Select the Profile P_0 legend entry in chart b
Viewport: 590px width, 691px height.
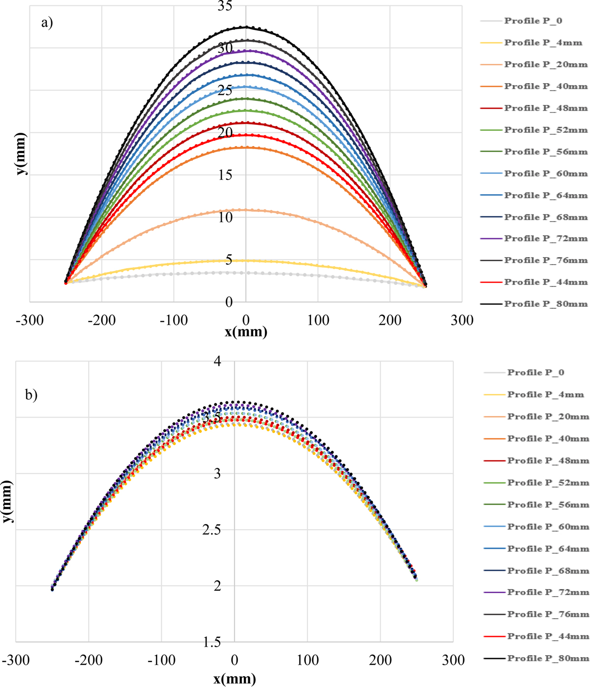pyautogui.click(x=535, y=372)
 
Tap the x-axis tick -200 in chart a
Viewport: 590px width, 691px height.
pyautogui.click(x=102, y=321)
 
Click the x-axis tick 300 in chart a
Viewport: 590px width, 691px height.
pyautogui.click(x=462, y=321)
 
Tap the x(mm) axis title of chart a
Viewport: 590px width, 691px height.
pyautogui.click(x=246, y=332)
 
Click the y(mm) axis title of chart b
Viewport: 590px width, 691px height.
pyautogui.click(x=7, y=501)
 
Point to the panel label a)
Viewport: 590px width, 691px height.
pyautogui.click(x=47, y=23)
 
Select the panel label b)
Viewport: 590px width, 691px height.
pyautogui.click(x=31, y=395)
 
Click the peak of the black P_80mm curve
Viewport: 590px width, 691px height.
pyautogui.click(x=246, y=27)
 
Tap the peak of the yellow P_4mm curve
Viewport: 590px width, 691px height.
pyautogui.click(x=246, y=260)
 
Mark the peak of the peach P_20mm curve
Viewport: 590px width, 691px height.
pyautogui.click(x=246, y=210)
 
